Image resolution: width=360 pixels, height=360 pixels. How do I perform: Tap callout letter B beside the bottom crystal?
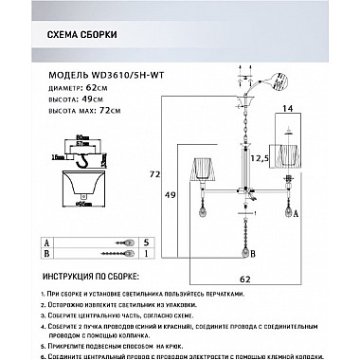coord(258,253)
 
